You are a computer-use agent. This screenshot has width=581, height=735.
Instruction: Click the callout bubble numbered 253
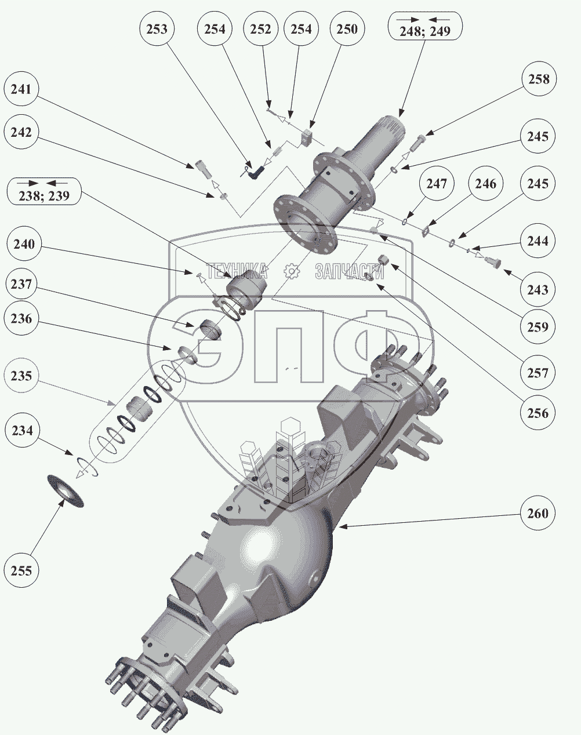pyautogui.click(x=157, y=29)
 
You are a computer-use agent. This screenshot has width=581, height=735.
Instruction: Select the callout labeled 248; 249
pyautogui.click(x=425, y=25)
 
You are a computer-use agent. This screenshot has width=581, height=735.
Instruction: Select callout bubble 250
pyautogui.click(x=347, y=29)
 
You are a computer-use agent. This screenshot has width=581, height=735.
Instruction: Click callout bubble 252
pyautogui.click(x=260, y=29)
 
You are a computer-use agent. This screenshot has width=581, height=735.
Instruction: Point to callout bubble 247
pyautogui.click(x=437, y=184)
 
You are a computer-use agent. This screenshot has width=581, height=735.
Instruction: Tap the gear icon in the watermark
pyautogui.click(x=291, y=271)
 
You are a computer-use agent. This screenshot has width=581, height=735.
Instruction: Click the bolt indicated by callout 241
pyautogui.click(x=199, y=170)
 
